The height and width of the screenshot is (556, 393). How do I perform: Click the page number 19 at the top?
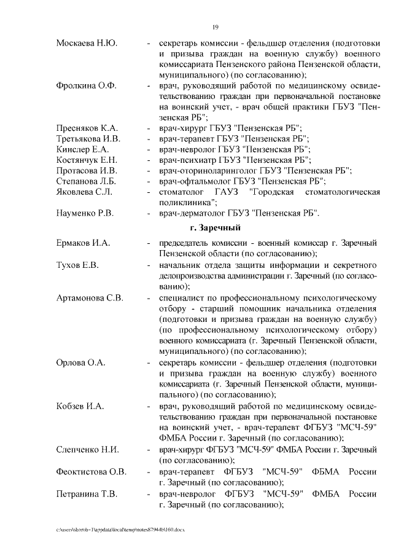click(x=216, y=27)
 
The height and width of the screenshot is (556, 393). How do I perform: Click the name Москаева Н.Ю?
click(x=87, y=44)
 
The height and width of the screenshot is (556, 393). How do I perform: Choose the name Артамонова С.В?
click(x=90, y=297)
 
